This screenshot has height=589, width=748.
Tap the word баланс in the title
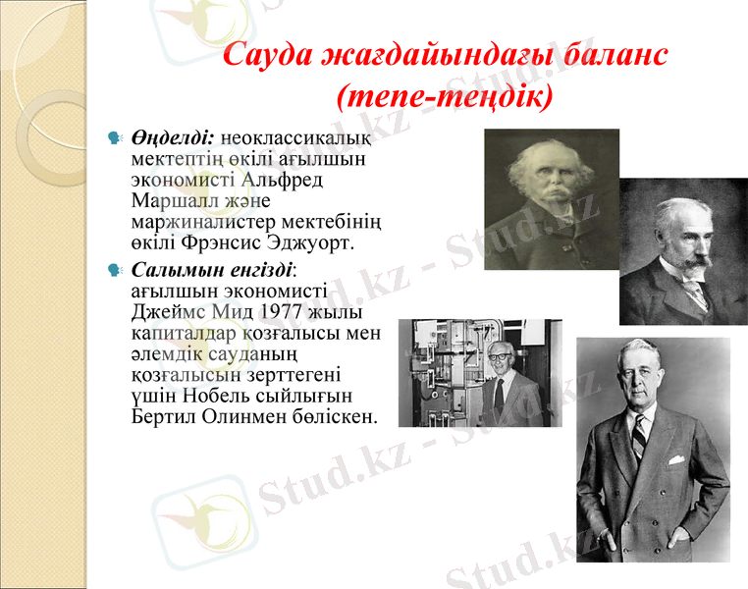[x=617, y=55]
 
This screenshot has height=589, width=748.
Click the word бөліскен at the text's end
[x=333, y=415]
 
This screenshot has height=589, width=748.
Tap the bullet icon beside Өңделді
[x=115, y=138]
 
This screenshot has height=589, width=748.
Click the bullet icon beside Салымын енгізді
[x=115, y=267]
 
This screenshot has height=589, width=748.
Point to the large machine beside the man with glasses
[x=442, y=373]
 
